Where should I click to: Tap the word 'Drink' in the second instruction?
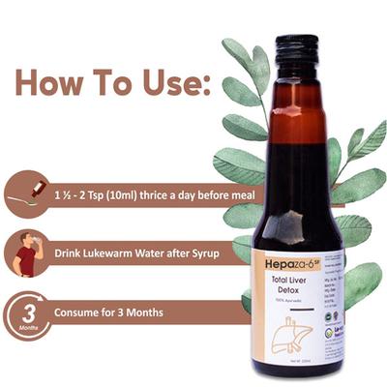click(76, 253)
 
